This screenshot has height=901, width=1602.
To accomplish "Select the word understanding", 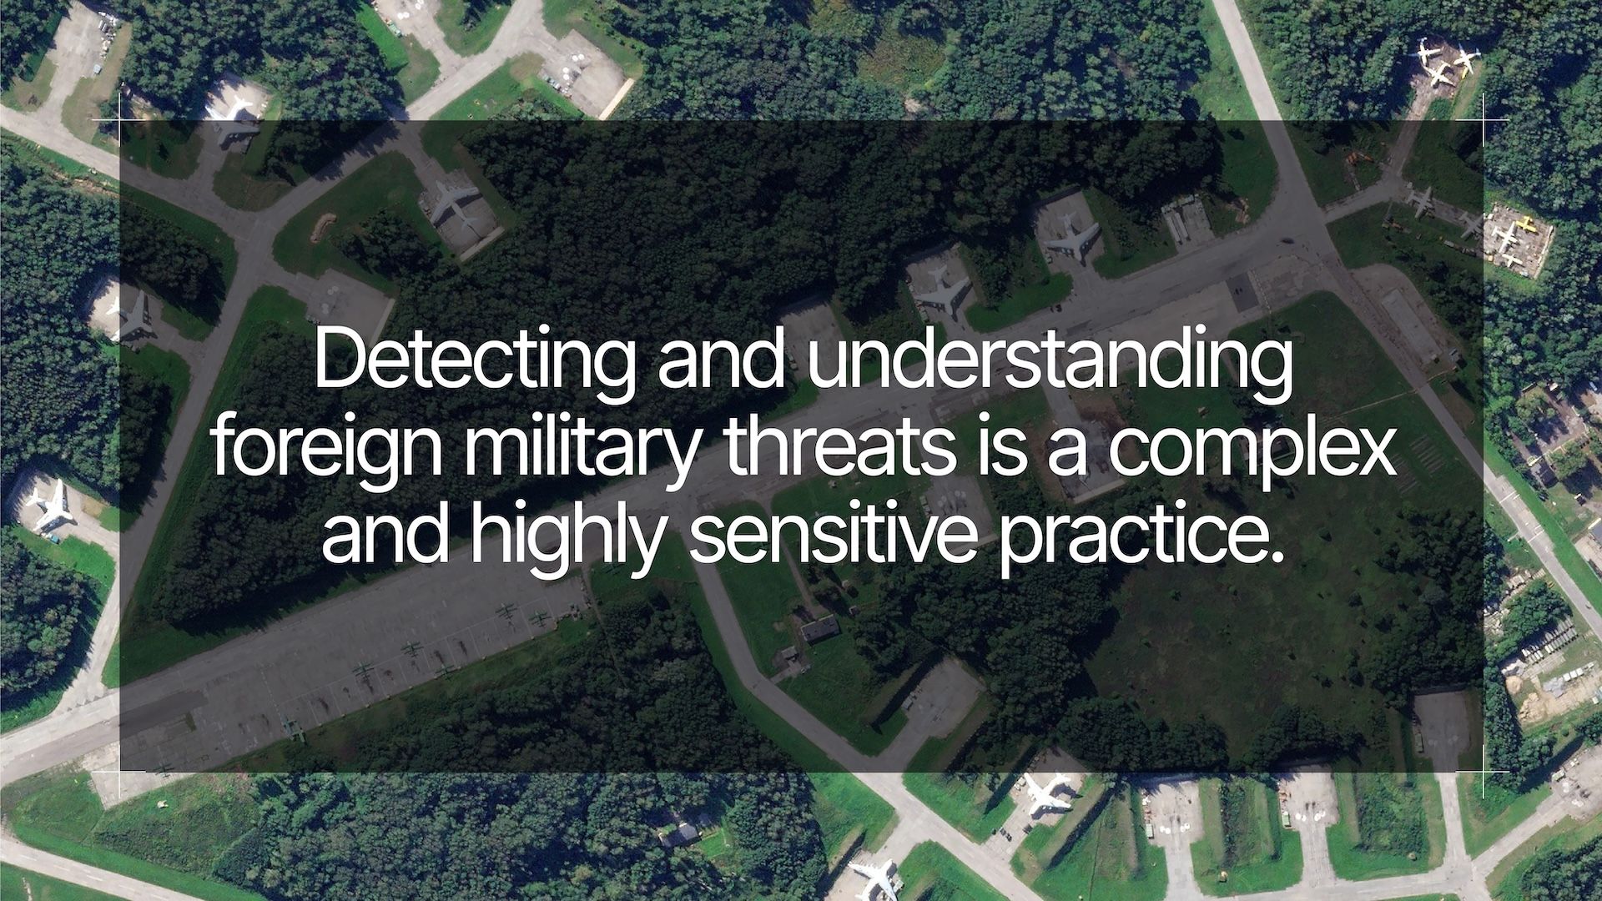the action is pos(1049,363).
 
